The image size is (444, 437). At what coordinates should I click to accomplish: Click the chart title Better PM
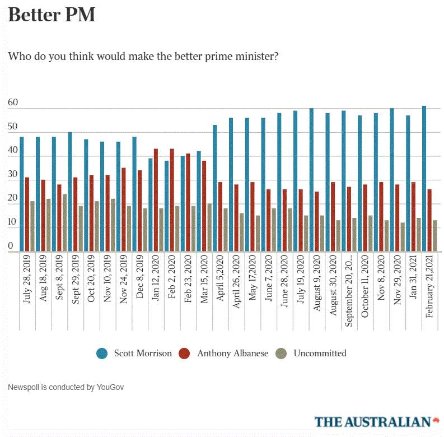pyautogui.click(x=52, y=15)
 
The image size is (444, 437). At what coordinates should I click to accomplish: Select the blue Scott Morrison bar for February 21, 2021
pyautogui.click(x=424, y=179)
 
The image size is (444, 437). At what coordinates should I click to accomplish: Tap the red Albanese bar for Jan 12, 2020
pyautogui.click(x=156, y=201)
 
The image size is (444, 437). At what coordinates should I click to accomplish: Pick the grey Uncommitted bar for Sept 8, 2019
pyautogui.click(x=64, y=223)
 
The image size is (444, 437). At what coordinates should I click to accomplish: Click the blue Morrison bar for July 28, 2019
pyautogui.click(x=22, y=194)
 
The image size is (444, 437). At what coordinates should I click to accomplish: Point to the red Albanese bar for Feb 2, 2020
pyautogui.click(x=172, y=201)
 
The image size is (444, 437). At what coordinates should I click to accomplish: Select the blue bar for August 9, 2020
pyautogui.click(x=311, y=180)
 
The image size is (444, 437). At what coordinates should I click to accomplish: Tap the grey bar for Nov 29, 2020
pyautogui.click(x=403, y=238)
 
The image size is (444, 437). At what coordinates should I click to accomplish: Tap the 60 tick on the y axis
pyautogui.click(x=13, y=103)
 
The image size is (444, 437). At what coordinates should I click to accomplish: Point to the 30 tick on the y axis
pyautogui.click(x=13, y=175)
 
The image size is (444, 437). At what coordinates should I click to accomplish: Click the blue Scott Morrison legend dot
pyautogui.click(x=102, y=354)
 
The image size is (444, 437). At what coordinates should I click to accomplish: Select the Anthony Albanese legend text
pyautogui.click(x=232, y=354)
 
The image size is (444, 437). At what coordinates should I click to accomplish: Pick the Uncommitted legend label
pyautogui.click(x=320, y=354)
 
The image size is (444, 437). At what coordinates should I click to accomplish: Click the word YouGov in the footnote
pyautogui.click(x=110, y=387)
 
